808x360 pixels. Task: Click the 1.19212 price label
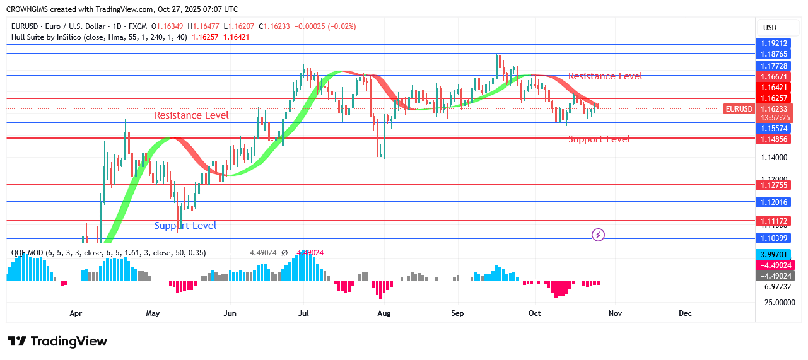(x=773, y=44)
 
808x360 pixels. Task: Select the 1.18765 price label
(x=773, y=54)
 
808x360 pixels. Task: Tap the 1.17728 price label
(x=773, y=66)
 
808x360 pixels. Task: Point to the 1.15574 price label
(x=773, y=128)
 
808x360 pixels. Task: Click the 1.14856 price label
(x=773, y=138)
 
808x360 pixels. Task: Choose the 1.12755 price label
(x=773, y=185)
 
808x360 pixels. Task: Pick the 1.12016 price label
(x=773, y=202)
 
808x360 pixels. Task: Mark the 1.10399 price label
(x=773, y=238)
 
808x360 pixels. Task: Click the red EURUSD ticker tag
(x=739, y=109)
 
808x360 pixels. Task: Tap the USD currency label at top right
(x=770, y=28)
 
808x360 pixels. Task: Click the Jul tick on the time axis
(x=303, y=313)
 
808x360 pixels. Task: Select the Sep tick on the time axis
(x=458, y=313)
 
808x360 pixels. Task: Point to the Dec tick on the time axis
(x=685, y=313)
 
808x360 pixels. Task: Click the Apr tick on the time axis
(x=76, y=313)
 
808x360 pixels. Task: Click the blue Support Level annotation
(x=185, y=226)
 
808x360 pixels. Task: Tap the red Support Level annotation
(x=599, y=139)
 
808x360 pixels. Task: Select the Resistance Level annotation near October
(x=605, y=76)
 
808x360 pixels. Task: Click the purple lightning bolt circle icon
(x=599, y=235)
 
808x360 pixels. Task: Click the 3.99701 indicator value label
(x=773, y=254)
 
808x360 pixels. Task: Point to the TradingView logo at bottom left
(x=57, y=341)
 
